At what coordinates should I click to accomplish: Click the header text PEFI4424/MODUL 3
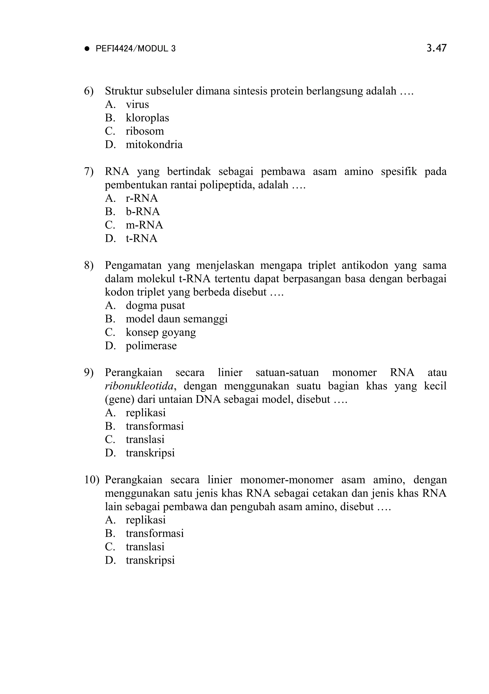pos(135,49)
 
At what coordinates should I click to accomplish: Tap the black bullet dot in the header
pos(87,49)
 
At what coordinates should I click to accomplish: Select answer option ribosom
pos(145,131)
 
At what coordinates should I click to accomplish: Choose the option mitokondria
pos(154,144)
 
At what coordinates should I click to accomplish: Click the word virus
pos(137,105)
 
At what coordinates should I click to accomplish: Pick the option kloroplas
pos(147,118)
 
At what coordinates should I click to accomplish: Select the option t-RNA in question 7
pos(141,239)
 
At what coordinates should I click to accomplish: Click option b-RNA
pos(143,212)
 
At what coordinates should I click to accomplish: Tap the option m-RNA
pos(144,225)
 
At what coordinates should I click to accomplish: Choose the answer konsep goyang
pos(161,332)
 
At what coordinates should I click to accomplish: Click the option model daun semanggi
pos(176,319)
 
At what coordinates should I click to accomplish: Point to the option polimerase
pos(151,346)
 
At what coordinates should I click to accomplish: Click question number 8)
pos(89,265)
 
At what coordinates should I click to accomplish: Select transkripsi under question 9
pos(150,453)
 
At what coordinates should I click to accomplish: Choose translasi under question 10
pos(145,547)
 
